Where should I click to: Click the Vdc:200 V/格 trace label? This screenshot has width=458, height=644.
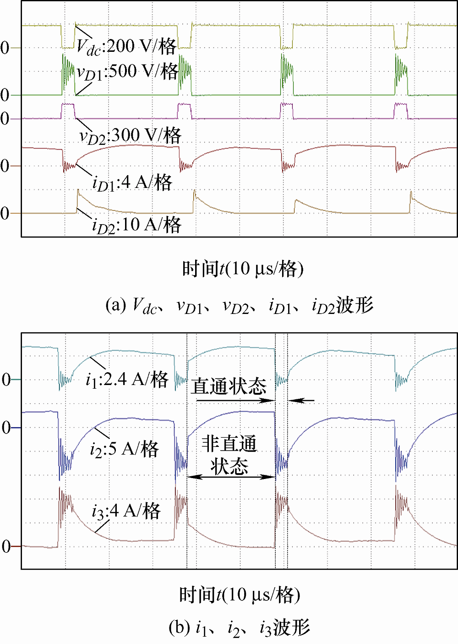[x=126, y=47]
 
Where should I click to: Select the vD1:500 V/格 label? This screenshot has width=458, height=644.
[x=127, y=72]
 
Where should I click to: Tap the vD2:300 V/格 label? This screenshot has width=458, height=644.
[x=131, y=136]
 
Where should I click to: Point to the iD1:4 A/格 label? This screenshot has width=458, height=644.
[x=132, y=183]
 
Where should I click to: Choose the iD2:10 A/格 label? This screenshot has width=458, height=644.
[x=136, y=225]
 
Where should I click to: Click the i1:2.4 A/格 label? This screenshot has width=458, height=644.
[x=127, y=380]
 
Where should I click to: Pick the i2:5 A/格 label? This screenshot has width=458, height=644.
[x=124, y=449]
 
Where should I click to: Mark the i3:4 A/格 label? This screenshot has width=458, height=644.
[x=126, y=511]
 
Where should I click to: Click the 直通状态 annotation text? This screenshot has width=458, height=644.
[x=229, y=386]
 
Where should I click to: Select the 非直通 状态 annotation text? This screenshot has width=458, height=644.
[x=229, y=455]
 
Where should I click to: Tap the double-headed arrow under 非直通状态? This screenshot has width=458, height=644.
[x=231, y=477]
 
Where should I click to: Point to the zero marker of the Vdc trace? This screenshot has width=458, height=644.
[x=5, y=48]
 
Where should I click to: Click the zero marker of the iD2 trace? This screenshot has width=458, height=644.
[x=5, y=213]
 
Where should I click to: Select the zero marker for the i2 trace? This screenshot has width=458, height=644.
[x=6, y=428]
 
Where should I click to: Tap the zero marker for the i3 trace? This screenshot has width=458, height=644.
[x=6, y=546]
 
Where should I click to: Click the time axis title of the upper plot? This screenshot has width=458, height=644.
[x=243, y=269]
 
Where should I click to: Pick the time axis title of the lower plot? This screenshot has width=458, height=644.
[x=240, y=595]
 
